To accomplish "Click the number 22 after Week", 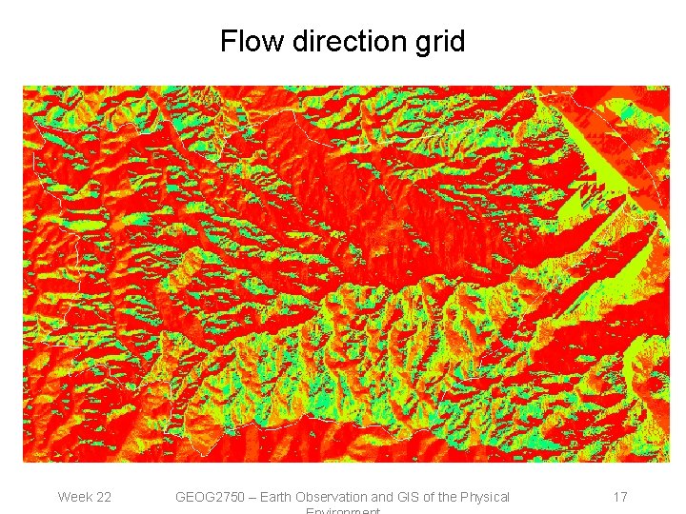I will point(103,497).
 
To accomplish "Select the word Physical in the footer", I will point(486,498).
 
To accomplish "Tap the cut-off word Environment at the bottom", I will point(343,510).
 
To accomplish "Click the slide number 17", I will point(620,497).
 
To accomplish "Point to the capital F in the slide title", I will point(227,42).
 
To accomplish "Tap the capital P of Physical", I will point(465,497).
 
